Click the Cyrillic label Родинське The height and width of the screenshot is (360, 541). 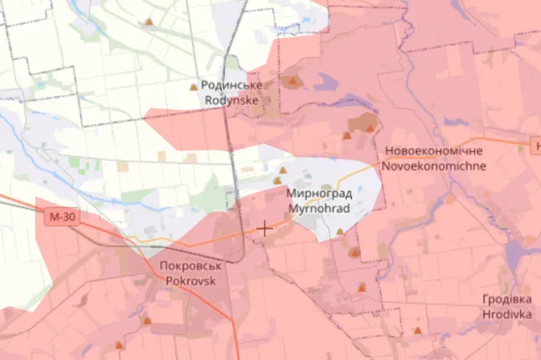pos(232,85)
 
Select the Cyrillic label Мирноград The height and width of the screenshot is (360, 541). pos(320,193)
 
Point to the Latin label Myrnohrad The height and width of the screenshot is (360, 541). pos(320,208)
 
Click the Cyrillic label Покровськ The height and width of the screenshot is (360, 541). pos(190,266)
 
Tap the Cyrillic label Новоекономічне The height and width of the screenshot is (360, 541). pos(434,152)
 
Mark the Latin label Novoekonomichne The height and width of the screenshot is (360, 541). pos(434,167)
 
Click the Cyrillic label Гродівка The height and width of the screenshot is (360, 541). pos(507,299)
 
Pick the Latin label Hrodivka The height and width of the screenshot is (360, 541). pos(507,314)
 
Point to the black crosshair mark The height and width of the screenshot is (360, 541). pos(265,229)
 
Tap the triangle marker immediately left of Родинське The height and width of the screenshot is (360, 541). pos(193,87)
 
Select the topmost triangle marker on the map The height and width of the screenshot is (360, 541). pos(149,22)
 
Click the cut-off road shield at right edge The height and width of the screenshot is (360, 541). pos(537,146)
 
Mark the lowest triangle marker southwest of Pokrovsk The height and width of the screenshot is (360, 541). pos(119,345)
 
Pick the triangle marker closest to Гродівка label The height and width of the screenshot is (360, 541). pos(418,330)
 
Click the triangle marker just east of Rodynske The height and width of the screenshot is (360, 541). pos(292,82)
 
